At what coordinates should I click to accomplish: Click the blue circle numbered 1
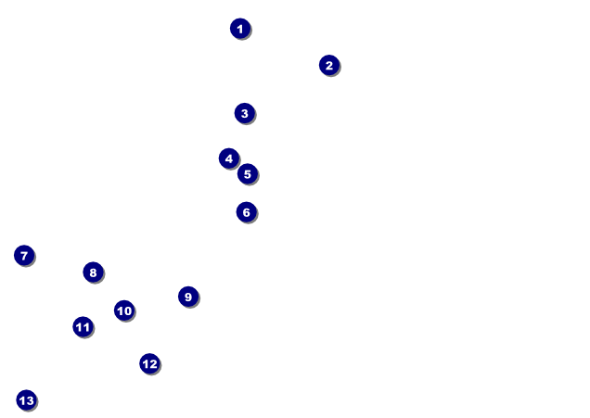point(239,29)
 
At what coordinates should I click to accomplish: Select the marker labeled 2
point(328,65)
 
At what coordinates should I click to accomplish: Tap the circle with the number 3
point(244,113)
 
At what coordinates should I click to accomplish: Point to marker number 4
point(229,158)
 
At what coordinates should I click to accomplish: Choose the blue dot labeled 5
point(247,173)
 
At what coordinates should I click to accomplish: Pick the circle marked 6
point(246,212)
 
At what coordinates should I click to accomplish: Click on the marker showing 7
point(24,255)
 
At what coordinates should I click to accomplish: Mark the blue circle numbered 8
point(93,272)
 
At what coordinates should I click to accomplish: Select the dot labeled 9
point(188,297)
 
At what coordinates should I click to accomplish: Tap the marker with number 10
point(124,310)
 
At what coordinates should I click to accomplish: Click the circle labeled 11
point(83,326)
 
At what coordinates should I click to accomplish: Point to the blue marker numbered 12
point(149,363)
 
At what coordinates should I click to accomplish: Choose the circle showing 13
point(26,400)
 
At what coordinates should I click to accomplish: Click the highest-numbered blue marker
point(26,400)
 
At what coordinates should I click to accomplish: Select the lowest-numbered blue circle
point(239,29)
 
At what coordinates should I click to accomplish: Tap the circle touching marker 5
point(229,158)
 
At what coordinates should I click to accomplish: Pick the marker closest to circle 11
point(124,310)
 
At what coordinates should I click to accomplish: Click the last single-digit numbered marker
point(188,297)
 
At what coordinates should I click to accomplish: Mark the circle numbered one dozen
point(149,363)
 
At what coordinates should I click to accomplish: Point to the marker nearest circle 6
point(247,173)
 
